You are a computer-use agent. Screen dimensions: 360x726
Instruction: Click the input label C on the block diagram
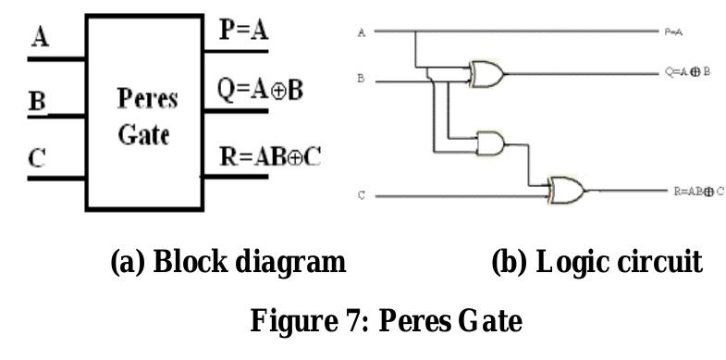click(38, 158)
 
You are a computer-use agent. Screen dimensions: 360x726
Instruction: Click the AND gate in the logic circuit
click(488, 143)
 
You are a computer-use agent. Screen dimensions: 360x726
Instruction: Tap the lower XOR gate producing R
click(566, 190)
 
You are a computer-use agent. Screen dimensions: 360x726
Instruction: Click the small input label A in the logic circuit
click(362, 33)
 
